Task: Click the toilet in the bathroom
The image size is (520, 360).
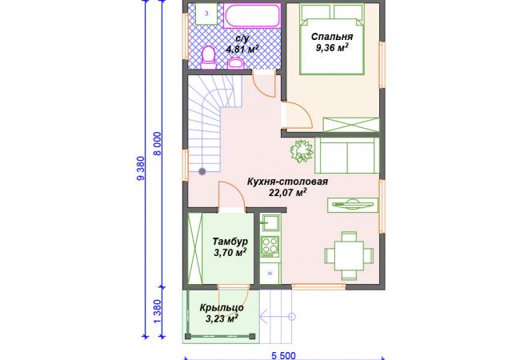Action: [x=208, y=58]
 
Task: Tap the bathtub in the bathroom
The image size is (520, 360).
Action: [x=252, y=15]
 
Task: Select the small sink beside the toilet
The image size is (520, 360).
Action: [x=236, y=63]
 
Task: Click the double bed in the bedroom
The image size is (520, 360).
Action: [x=332, y=38]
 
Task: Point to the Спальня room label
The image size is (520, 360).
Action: [x=332, y=36]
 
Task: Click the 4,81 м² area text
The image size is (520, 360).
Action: [x=242, y=50]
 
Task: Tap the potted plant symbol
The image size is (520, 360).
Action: [x=302, y=151]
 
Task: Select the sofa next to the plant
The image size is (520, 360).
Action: [x=347, y=155]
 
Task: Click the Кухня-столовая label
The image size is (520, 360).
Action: [x=287, y=182]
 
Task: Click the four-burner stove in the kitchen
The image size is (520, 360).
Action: [x=270, y=246]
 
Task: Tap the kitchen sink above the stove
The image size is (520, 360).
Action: [x=270, y=222]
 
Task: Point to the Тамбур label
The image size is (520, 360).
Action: [x=230, y=241]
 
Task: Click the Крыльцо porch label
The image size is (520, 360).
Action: [x=222, y=308]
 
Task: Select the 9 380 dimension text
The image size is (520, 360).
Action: [x=142, y=168]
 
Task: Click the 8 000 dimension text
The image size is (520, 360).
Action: [x=158, y=143]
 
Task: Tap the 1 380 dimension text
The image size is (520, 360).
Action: [x=158, y=312]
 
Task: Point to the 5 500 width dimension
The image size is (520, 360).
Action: [x=283, y=356]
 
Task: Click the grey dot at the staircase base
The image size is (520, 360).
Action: [x=202, y=171]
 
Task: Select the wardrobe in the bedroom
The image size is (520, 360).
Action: [x=351, y=125]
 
